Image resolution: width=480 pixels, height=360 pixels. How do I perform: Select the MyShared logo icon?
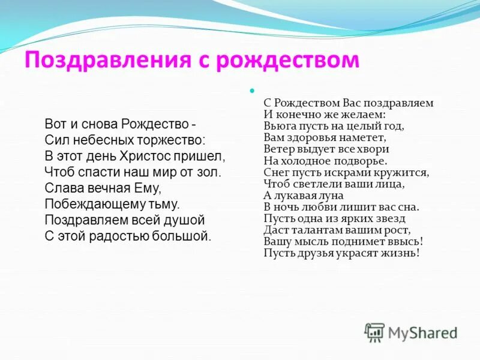tap(374, 332)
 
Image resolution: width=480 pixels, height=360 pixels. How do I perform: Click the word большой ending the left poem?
tap(183, 235)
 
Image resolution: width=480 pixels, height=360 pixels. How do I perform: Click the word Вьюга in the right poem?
tap(277, 126)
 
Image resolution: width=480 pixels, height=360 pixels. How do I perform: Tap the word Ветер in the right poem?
tap(277, 149)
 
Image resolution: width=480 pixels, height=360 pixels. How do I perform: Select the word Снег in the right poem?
tap(275, 172)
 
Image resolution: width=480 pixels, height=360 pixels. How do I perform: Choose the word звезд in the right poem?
tap(392, 218)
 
